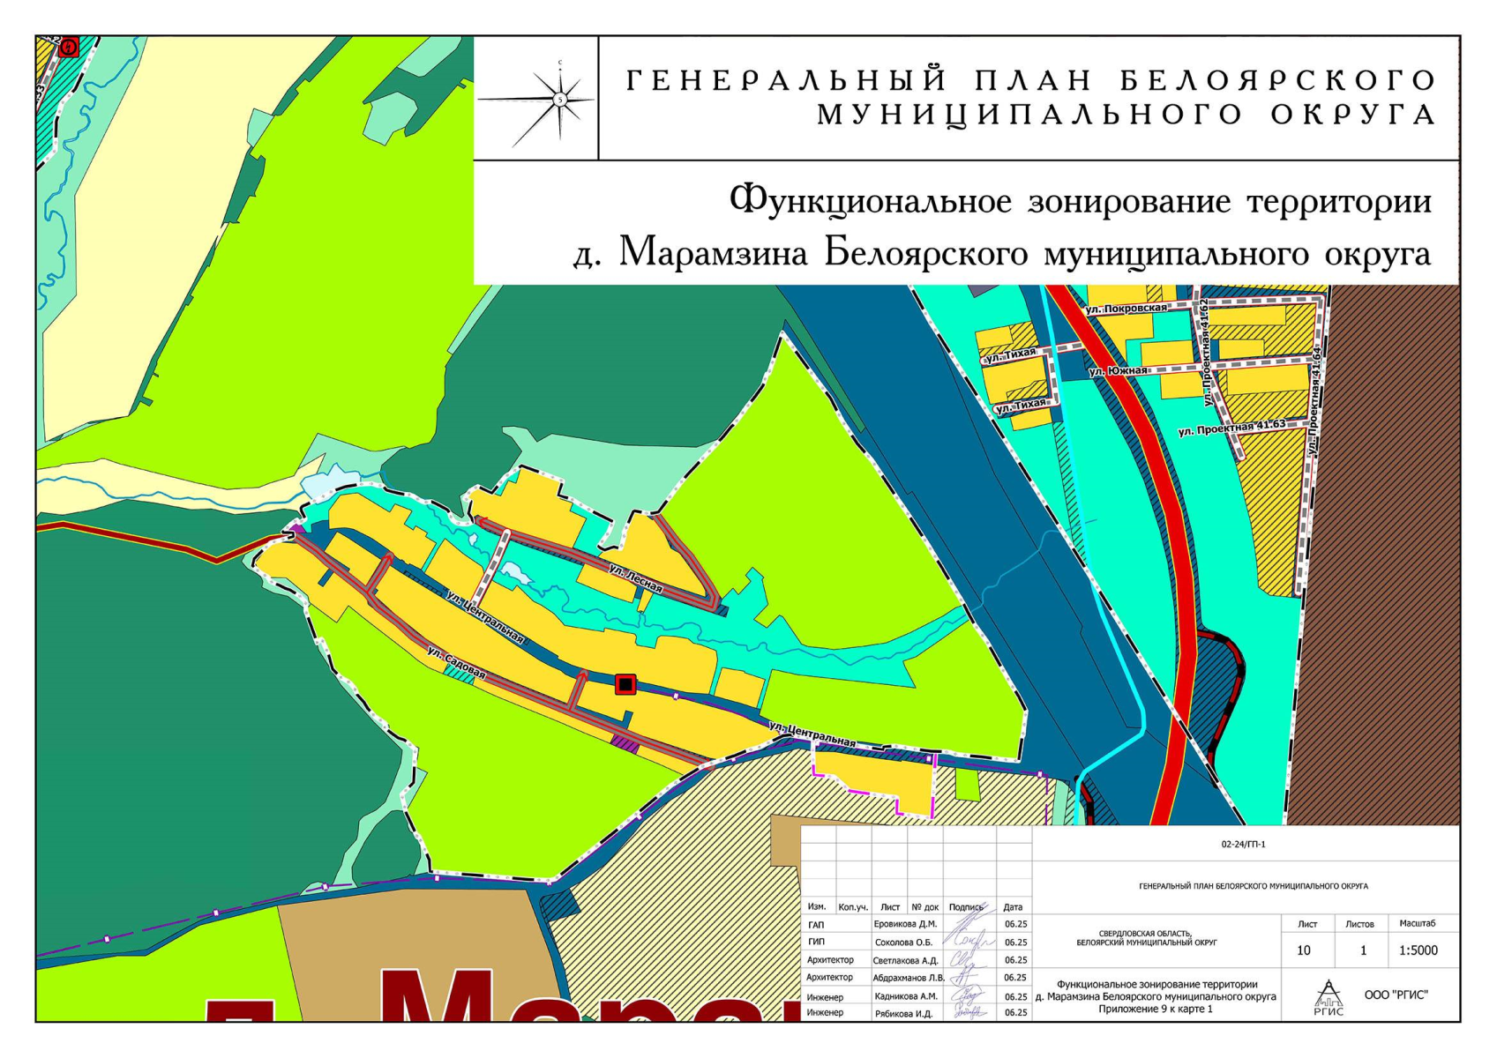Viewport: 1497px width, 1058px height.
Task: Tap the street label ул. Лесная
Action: click(635, 579)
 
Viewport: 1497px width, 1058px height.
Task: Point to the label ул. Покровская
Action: click(1126, 309)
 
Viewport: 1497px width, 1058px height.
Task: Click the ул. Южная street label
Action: click(1118, 371)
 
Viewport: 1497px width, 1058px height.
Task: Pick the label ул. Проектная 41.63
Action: click(1232, 428)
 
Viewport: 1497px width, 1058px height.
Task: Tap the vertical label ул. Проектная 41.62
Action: click(1206, 353)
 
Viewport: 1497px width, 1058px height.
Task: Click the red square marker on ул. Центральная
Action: click(625, 684)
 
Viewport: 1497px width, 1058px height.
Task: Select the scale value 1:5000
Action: click(1418, 950)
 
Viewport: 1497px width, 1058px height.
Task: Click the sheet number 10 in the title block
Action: click(1304, 950)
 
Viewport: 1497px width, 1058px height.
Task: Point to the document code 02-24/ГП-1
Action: click(1243, 845)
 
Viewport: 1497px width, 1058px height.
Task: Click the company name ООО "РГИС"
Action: click(1396, 995)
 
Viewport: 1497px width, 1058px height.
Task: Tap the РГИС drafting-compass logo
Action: click(1329, 997)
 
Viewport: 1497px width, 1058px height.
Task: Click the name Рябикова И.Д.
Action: click(903, 1013)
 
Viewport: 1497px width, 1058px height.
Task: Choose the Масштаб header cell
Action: click(1417, 923)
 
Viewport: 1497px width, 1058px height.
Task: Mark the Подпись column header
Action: click(966, 906)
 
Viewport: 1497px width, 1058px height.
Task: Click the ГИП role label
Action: click(816, 942)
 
